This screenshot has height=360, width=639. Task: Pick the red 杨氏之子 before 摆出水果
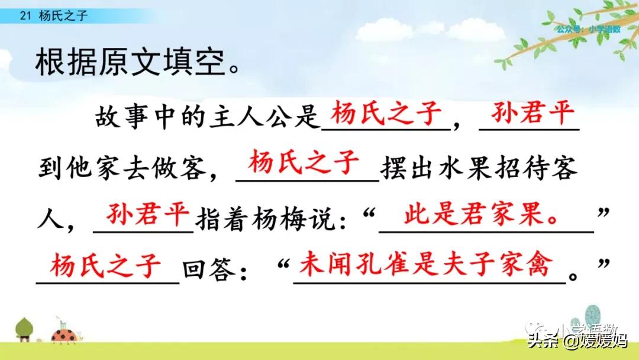[305, 162]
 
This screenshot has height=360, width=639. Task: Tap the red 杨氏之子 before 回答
[106, 265]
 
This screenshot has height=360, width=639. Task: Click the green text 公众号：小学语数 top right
[588, 29]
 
